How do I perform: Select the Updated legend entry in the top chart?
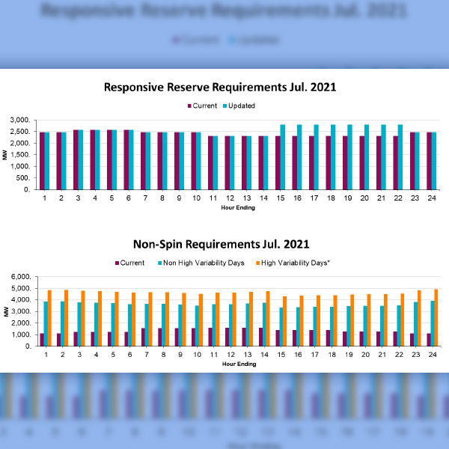pos(237,106)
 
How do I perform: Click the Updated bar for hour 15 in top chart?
pos(283,157)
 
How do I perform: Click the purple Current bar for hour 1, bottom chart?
pos(42,340)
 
